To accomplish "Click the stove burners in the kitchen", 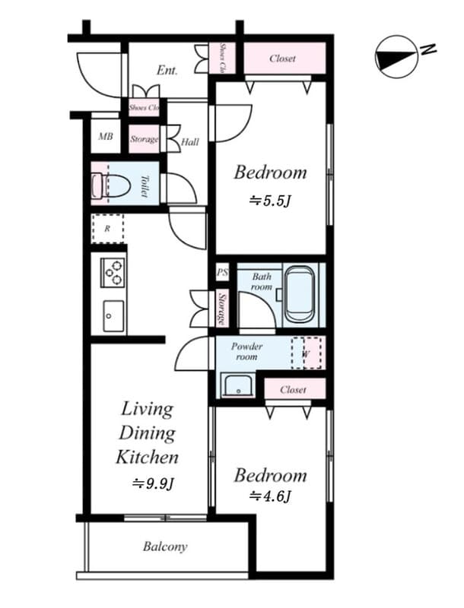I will click(x=113, y=273).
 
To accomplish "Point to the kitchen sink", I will click(x=113, y=312).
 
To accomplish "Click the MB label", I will click(x=106, y=138).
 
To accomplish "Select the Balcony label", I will click(x=165, y=546).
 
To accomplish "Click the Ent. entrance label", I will click(x=167, y=71).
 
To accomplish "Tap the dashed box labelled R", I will click(x=107, y=228).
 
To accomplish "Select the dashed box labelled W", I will click(x=307, y=353).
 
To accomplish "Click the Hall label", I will click(x=190, y=141).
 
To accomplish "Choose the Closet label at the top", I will click(x=283, y=59).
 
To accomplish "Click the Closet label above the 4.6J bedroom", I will click(x=294, y=389).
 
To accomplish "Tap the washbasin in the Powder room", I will click(x=238, y=387).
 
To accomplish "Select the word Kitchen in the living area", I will click(x=147, y=457).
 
